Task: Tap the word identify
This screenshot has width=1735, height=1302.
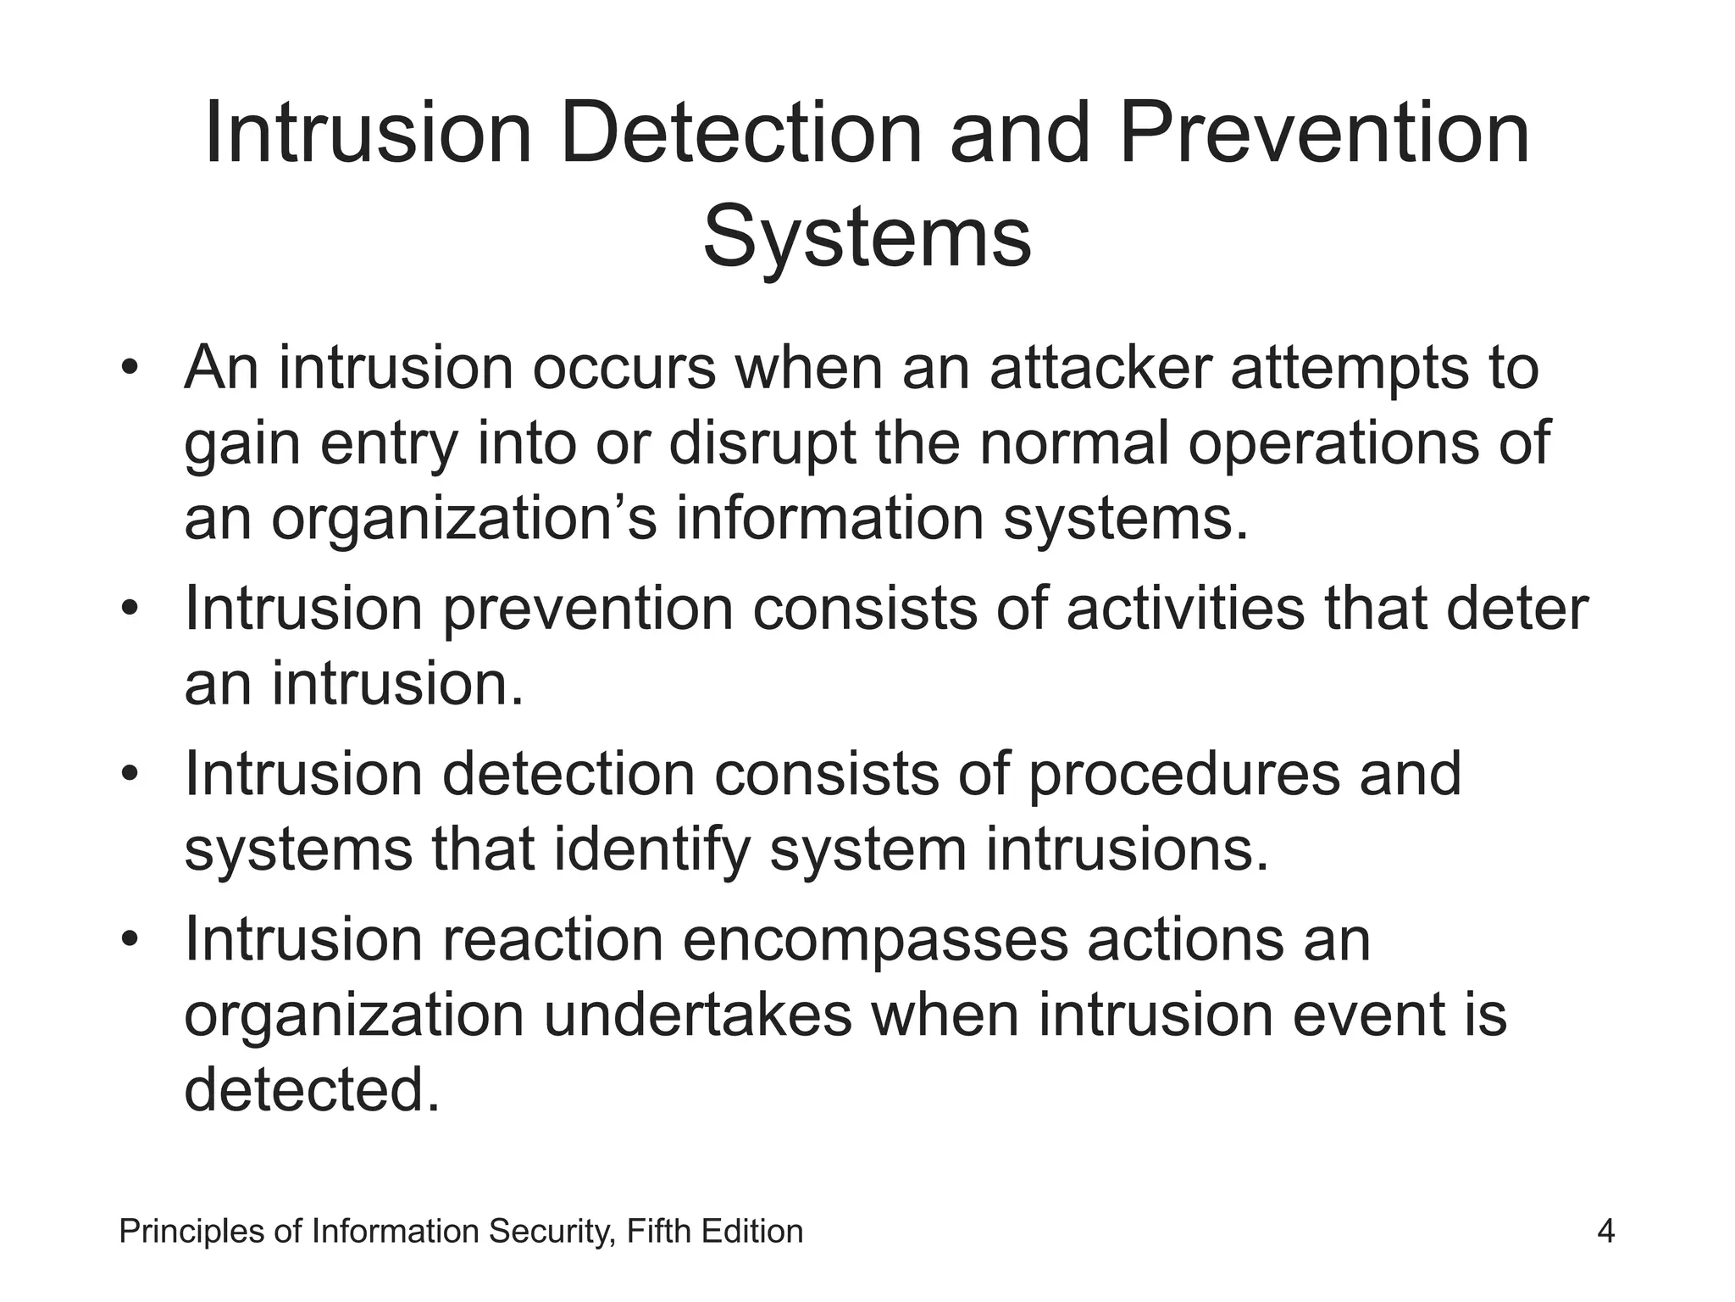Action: pyautogui.click(x=652, y=849)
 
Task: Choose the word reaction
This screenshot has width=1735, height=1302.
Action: pyautogui.click(x=552, y=939)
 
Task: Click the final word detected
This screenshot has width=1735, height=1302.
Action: pyautogui.click(x=312, y=1089)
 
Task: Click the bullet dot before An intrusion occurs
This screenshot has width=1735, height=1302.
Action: pyautogui.click(x=129, y=368)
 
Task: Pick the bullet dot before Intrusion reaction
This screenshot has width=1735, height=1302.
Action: pyautogui.click(x=129, y=940)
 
